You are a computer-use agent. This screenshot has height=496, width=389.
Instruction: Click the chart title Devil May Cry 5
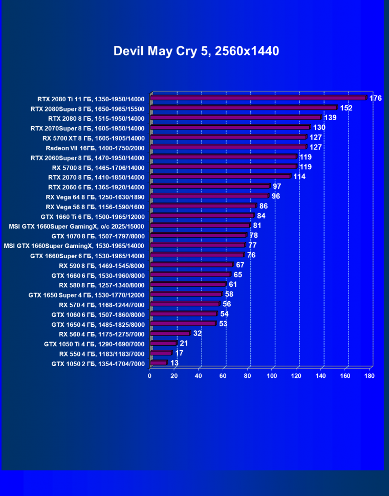196,51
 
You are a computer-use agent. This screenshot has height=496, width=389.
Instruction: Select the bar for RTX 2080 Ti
258,98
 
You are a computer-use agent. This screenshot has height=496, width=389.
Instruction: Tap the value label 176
376,98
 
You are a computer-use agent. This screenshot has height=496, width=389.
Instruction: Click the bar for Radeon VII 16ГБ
228,147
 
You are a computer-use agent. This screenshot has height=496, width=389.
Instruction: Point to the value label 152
347,108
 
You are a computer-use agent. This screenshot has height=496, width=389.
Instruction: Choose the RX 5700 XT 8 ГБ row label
94,138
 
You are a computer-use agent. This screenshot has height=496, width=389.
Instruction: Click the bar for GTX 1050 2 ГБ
158,363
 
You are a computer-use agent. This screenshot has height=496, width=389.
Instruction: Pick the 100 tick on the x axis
272,376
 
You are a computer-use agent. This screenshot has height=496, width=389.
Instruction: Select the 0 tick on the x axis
149,376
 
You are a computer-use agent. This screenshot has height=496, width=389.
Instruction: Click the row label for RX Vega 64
95,197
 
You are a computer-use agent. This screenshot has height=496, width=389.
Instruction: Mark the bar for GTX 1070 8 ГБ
198,235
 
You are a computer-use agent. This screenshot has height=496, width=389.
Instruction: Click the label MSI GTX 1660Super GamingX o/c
77,226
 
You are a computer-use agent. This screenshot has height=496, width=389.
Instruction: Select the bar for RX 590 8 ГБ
191,264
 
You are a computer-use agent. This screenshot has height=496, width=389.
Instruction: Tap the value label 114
299,176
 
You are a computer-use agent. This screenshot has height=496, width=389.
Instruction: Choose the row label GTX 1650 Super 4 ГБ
87,295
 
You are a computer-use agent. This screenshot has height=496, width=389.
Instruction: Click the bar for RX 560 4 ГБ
170,333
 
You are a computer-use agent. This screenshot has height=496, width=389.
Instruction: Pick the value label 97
277,187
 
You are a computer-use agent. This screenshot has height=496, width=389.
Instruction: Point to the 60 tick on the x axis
223,376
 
